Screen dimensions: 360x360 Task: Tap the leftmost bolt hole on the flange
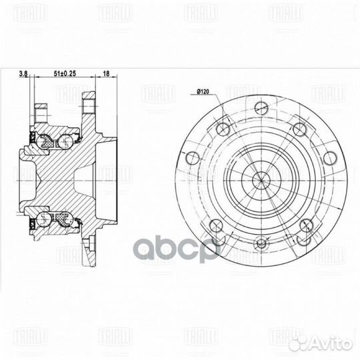coord(193,157)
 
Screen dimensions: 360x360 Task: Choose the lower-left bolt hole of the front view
coord(215,225)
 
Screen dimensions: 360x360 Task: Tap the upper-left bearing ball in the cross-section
coord(46,141)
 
